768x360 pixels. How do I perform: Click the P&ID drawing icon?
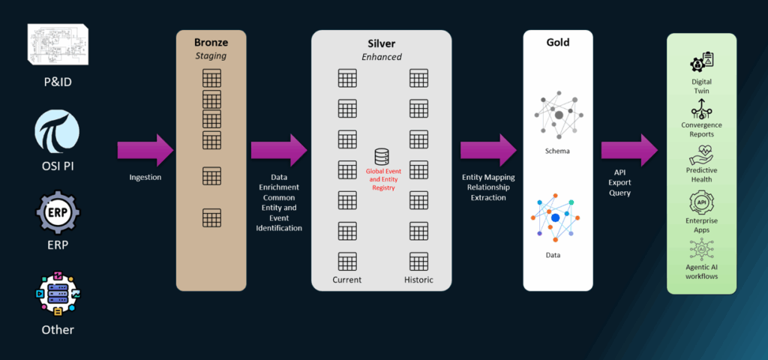tap(57, 46)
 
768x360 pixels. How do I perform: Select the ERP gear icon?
tap(57, 212)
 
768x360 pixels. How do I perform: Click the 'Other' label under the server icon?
tap(57, 329)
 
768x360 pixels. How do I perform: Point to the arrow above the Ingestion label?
tap(145, 149)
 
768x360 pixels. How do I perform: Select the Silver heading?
tap(381, 43)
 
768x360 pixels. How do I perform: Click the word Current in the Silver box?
tap(346, 280)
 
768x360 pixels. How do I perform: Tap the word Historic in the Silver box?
tap(418, 280)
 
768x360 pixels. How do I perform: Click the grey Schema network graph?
tap(558, 114)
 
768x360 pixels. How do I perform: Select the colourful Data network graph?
tap(556, 218)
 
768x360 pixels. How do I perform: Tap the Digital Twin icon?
tap(702, 62)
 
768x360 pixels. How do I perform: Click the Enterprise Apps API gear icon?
tap(702, 202)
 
